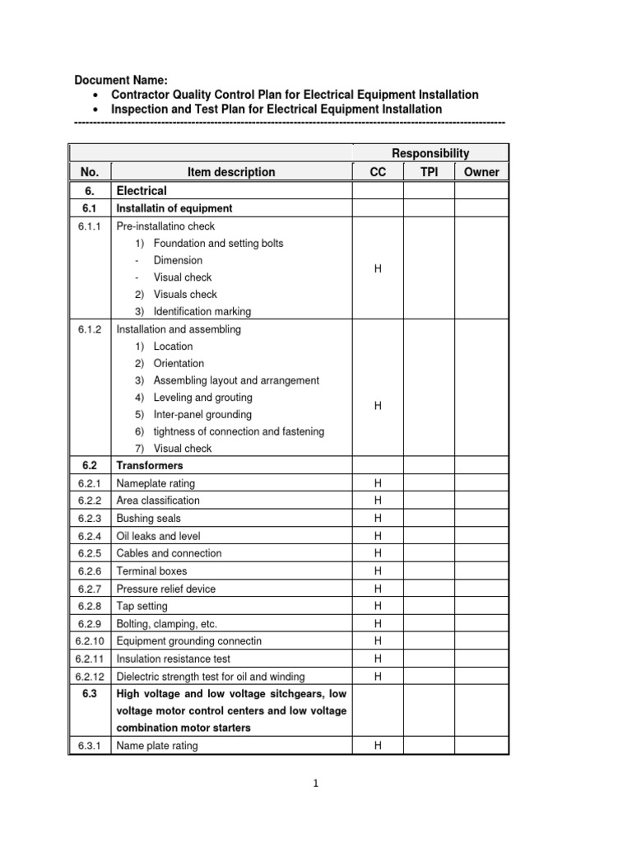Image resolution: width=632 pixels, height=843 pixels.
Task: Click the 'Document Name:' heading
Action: (x=121, y=80)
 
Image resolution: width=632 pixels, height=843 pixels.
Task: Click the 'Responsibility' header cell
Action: (x=430, y=153)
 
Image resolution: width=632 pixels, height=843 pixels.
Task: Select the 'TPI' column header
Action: (x=429, y=172)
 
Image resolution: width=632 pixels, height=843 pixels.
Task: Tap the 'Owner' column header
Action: (x=481, y=172)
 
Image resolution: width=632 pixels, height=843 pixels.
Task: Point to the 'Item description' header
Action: (x=231, y=172)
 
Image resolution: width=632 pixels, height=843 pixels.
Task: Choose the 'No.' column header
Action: (x=90, y=172)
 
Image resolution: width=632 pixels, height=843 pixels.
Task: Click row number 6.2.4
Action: (x=90, y=536)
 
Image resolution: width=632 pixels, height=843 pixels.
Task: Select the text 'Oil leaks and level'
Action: (x=158, y=536)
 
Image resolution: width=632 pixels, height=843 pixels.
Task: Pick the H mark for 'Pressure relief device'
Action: (x=378, y=589)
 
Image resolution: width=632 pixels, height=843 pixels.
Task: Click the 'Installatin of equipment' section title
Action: (x=174, y=208)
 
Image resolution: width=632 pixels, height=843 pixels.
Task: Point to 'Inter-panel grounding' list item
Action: (x=202, y=414)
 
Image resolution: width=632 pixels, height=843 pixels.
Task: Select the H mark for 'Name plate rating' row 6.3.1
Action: (x=378, y=746)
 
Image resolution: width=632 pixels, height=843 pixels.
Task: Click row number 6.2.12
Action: (x=90, y=676)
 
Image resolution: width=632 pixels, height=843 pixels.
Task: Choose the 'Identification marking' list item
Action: (x=202, y=311)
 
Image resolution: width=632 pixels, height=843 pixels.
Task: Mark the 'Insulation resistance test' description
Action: (x=174, y=659)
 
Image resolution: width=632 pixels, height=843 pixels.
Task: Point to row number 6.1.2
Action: (x=90, y=329)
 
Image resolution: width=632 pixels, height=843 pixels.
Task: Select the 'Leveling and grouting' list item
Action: (x=202, y=398)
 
